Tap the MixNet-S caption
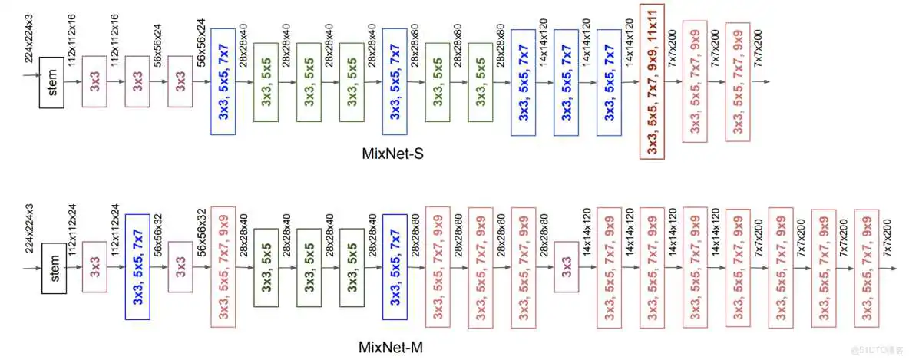coord(392,154)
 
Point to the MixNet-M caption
coord(391,348)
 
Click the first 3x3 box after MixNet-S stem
coord(94,81)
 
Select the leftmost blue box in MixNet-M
coord(137,267)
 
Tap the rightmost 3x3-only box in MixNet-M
coord(566,267)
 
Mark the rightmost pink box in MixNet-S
coord(738,81)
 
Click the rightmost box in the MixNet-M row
coord(867,267)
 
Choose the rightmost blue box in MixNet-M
coord(395,267)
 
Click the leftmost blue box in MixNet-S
coord(223,81)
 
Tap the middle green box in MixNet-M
coord(309,267)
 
